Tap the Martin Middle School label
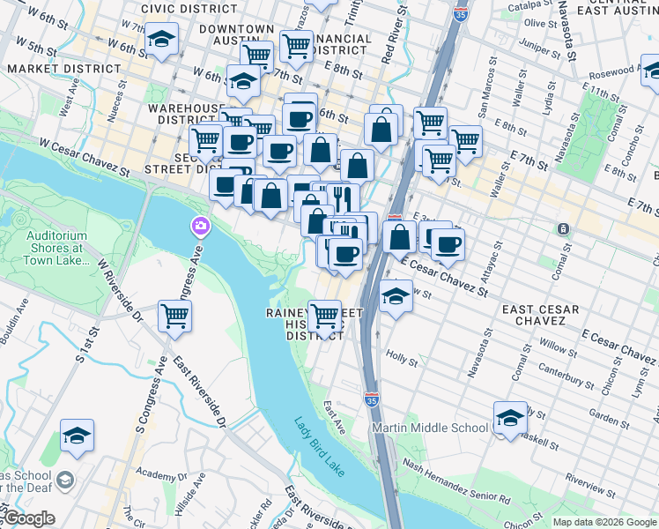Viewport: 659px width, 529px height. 430,428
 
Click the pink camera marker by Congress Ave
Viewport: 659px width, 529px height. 201,227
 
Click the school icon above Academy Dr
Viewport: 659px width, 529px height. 77,436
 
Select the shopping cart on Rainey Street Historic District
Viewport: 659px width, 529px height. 324,315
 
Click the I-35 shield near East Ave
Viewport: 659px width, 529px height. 371,400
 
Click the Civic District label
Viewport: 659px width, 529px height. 189,9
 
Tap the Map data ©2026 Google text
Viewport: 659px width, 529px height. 604,521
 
